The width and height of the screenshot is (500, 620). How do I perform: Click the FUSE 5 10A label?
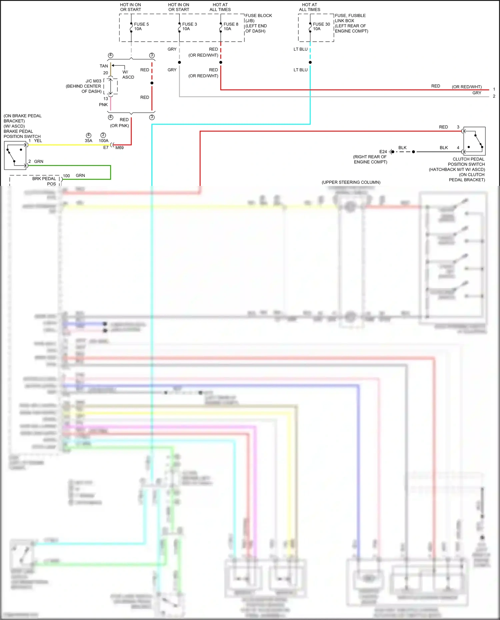[141, 27]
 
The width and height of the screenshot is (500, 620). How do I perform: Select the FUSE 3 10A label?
[189, 27]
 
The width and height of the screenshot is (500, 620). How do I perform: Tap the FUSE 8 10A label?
[231, 27]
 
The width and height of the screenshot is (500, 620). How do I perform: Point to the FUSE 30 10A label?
[321, 27]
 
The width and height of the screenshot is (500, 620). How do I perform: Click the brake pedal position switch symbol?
[15, 155]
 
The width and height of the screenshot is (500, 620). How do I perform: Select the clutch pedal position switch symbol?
[474, 141]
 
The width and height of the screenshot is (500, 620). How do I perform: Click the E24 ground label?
[383, 152]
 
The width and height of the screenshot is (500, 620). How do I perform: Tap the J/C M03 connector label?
[93, 81]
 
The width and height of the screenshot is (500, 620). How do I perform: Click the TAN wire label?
[104, 66]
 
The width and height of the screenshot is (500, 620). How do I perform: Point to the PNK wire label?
[103, 105]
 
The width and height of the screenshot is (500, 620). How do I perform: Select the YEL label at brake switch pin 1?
[38, 141]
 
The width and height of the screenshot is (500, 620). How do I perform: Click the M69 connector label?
[119, 148]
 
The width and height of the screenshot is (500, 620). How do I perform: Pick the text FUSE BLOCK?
[259, 16]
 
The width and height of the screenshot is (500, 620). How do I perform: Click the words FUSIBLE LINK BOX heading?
[350, 18]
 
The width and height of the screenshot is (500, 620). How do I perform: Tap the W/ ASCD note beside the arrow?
[128, 75]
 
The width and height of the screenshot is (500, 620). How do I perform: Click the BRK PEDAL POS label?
[44, 181]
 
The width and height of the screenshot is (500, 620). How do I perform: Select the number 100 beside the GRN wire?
[66, 176]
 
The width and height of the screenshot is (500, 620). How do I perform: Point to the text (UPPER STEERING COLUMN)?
[351, 182]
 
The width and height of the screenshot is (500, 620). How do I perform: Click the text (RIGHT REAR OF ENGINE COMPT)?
[370, 159]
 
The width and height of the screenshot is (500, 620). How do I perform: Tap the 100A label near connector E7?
[104, 141]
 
